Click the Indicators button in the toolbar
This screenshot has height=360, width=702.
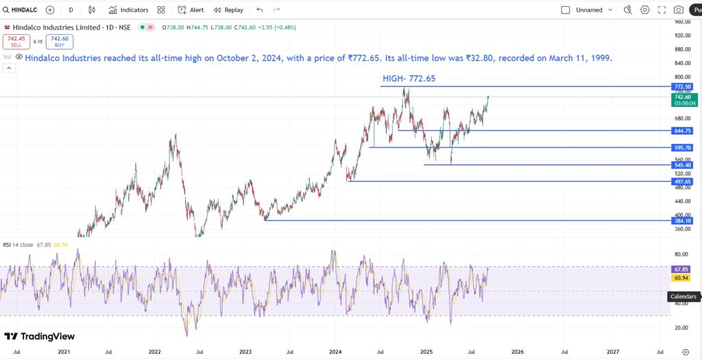coord(128,10)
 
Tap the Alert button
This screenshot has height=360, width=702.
coord(191,10)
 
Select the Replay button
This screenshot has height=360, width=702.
coord(228,10)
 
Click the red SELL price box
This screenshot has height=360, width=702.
coord(14,42)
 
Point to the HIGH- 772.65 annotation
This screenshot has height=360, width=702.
coord(409,79)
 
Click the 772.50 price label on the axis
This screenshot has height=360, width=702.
coord(682,87)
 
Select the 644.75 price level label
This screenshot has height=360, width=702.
coord(682,130)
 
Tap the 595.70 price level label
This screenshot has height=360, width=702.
coord(682,147)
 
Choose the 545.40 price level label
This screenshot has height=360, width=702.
coord(682,165)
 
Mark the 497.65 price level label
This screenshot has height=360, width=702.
coord(682,181)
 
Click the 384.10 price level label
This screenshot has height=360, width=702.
coord(682,221)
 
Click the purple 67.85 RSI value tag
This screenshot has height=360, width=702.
coord(681,269)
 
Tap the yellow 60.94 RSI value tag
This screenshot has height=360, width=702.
coord(681,278)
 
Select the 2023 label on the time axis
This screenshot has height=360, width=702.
coord(245,351)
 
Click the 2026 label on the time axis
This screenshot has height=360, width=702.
coord(518,351)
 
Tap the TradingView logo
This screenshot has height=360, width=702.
coord(39,337)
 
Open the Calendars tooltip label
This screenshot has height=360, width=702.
coord(683,297)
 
